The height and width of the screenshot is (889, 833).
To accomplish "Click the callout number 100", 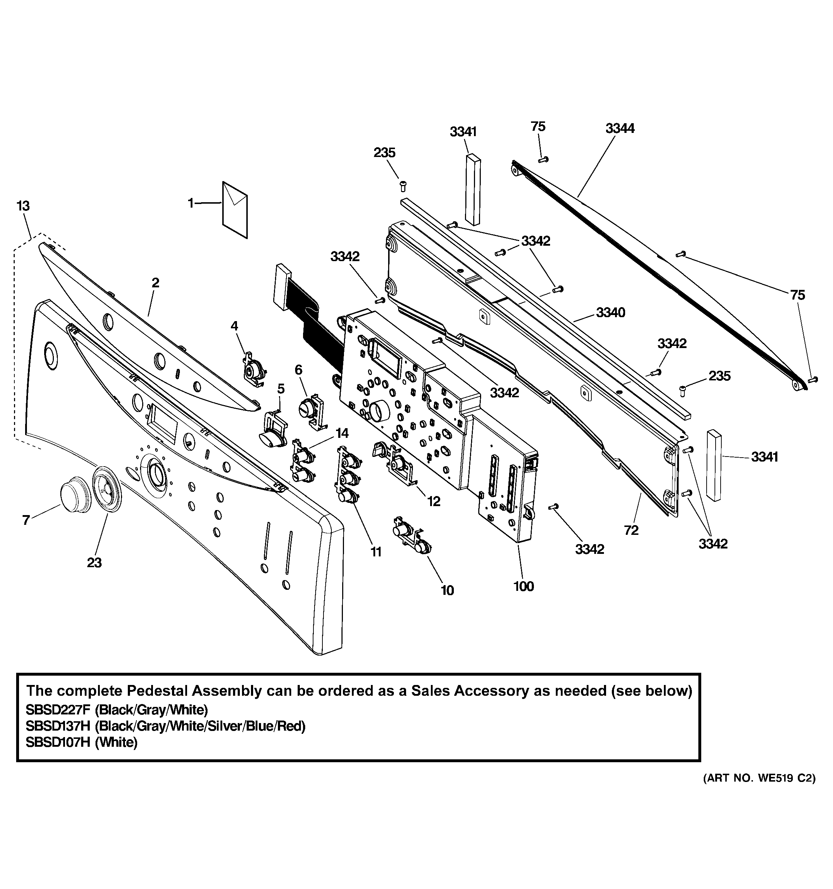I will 523,586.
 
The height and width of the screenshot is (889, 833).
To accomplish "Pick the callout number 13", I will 23,206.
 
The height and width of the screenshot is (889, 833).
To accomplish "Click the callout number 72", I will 631,531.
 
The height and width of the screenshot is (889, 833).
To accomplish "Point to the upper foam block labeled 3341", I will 472,189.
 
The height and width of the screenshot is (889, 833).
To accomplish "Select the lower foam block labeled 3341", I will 714,465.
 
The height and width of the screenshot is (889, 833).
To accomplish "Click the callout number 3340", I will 610,312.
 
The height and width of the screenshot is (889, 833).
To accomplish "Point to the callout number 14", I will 342,433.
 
